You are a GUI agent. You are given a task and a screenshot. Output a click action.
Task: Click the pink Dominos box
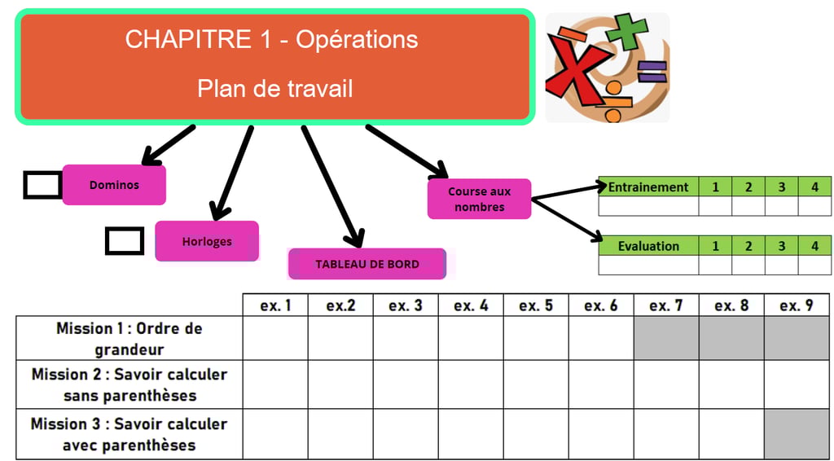pyautogui.click(x=114, y=185)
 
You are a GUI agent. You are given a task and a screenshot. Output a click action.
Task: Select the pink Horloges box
pyautogui.click(x=207, y=241)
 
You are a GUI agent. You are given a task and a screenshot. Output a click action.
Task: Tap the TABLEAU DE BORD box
pyautogui.click(x=367, y=264)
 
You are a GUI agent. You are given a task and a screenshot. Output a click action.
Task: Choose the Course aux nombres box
pyautogui.click(x=479, y=200)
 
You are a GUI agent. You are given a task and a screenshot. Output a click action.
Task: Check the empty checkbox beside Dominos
pyautogui.click(x=42, y=185)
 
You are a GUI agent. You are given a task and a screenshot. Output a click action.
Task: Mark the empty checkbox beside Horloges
pyautogui.click(x=125, y=241)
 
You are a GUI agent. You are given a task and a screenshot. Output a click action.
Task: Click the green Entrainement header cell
pyautogui.click(x=648, y=187)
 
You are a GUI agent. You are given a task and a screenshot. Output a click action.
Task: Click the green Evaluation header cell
pyautogui.click(x=648, y=246)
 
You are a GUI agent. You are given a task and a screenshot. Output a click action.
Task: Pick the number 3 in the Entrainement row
pyautogui.click(x=781, y=187)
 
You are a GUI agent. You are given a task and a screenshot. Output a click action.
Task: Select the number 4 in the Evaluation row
pyautogui.click(x=814, y=246)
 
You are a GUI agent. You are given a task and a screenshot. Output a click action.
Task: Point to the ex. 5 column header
pyautogui.click(x=536, y=305)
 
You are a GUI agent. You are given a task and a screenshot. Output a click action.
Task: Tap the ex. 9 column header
pyautogui.click(x=797, y=305)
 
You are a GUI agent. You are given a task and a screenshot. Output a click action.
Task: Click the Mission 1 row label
pyautogui.click(x=129, y=339)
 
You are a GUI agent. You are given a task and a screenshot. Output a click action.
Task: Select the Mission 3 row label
pyautogui.click(x=129, y=434)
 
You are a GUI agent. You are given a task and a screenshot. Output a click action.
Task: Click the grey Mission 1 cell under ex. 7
pyautogui.click(x=666, y=339)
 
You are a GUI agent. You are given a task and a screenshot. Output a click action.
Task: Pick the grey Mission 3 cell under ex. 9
pyautogui.click(x=797, y=434)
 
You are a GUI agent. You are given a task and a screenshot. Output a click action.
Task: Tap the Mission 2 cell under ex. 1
pyautogui.click(x=275, y=384)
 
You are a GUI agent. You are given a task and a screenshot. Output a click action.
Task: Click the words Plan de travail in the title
pyautogui.click(x=274, y=88)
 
